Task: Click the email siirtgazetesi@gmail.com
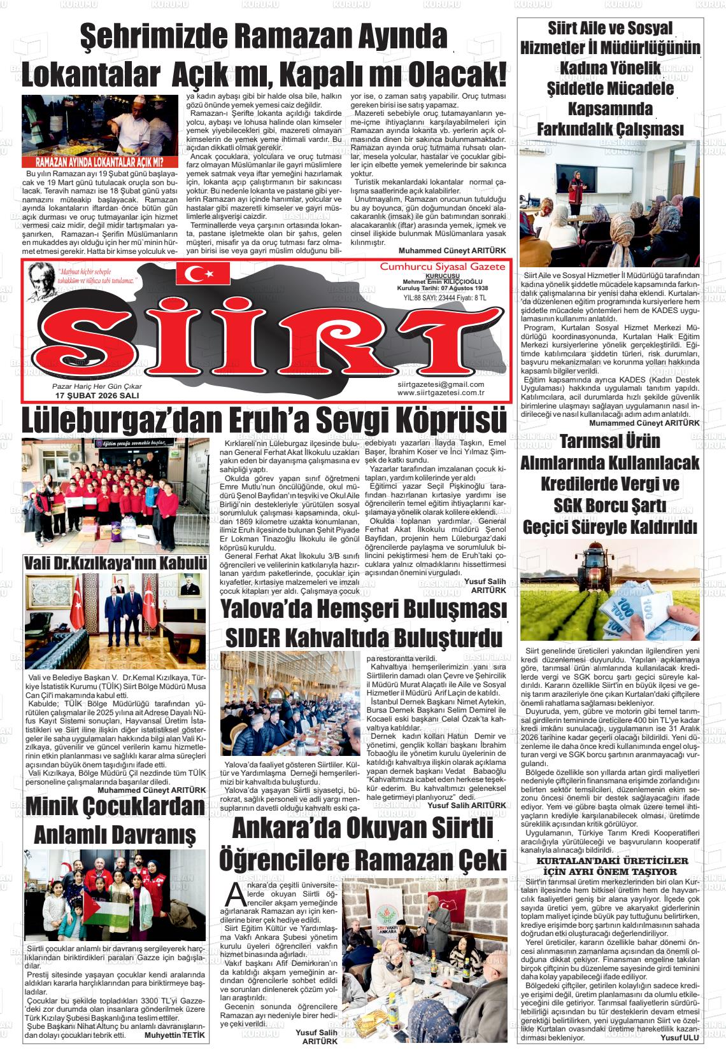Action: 440,384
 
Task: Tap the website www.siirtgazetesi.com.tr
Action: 440,393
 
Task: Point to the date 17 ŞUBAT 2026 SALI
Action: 97,395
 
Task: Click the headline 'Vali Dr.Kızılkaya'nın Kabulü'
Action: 115,564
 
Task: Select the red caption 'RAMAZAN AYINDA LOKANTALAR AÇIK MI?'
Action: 99,162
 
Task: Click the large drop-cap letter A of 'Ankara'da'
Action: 236,895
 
